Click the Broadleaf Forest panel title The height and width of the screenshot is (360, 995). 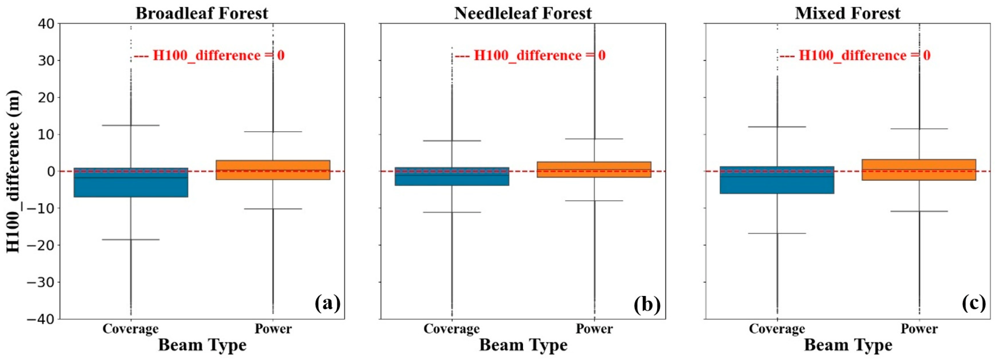tap(202, 13)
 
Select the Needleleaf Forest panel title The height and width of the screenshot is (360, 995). tap(523, 13)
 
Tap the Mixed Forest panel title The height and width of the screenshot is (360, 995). tap(848, 13)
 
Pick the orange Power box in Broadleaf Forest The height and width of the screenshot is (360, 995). tap(273, 170)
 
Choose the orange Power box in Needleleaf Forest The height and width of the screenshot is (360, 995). tap(594, 170)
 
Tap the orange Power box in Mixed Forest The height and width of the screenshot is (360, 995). tap(919, 170)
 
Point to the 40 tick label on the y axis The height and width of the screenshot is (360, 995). tap(46, 24)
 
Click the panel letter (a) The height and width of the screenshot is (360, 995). tap(328, 303)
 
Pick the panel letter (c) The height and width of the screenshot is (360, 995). tap(973, 303)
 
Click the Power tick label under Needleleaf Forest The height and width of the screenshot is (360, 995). tap(594, 329)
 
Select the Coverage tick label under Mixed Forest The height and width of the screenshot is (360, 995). tap(777, 329)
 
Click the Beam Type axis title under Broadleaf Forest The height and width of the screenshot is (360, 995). tap(202, 345)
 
